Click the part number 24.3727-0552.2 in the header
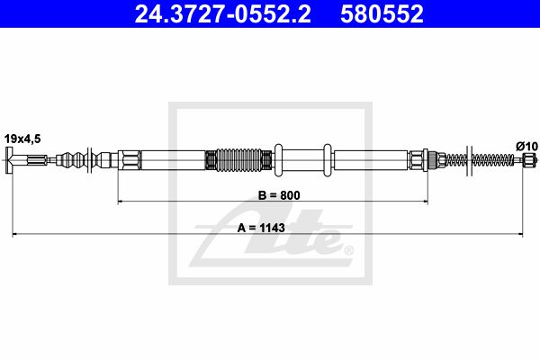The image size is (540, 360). [x=222, y=13]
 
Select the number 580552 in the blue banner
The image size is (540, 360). [x=382, y=13]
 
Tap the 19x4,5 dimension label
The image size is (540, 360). [x=22, y=139]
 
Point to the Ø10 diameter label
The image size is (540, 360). [x=526, y=147]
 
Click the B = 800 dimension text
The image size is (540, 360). [x=279, y=195]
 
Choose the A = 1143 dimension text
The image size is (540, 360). [x=261, y=228]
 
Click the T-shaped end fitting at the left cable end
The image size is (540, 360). [x=10, y=160]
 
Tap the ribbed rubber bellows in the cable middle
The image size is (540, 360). [x=238, y=160]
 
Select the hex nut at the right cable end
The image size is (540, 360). [x=528, y=160]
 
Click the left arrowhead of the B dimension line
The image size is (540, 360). [x=120, y=202]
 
